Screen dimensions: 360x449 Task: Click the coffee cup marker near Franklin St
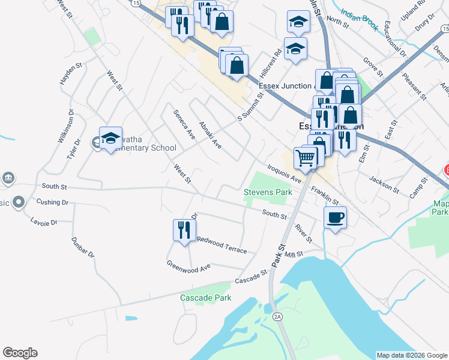pyautogui.click(x=335, y=217)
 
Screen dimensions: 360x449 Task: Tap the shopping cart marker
pyautogui.click(x=306, y=158)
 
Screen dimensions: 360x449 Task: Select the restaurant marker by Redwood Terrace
pyautogui.click(x=184, y=230)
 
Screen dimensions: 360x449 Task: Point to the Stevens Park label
pyautogui.click(x=268, y=193)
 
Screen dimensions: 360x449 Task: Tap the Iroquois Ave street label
pyautogui.click(x=285, y=174)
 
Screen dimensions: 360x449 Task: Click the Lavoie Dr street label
pyautogui.click(x=43, y=221)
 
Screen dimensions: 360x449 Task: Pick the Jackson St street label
pyautogui.click(x=384, y=184)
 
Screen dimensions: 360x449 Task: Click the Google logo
pyautogui.click(x=20, y=353)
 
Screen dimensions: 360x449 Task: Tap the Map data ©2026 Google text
pyautogui.click(x=412, y=355)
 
